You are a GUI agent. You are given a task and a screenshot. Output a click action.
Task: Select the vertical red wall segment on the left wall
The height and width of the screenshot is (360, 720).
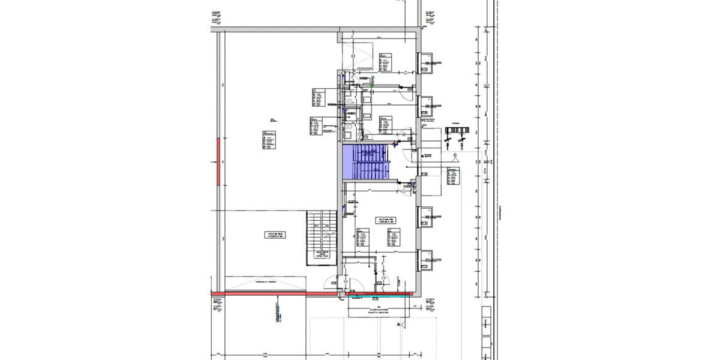[218, 161]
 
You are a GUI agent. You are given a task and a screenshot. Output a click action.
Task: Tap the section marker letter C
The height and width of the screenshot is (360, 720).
[455, 156]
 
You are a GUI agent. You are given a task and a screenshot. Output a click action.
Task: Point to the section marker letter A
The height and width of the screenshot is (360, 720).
[398, 324]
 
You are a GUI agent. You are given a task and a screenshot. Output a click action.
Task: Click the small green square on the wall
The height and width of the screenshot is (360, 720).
[372, 86]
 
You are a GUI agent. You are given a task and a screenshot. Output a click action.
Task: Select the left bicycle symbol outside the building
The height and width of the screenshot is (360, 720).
[448, 140]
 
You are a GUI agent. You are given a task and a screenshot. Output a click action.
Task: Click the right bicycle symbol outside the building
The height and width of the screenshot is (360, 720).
[461, 140]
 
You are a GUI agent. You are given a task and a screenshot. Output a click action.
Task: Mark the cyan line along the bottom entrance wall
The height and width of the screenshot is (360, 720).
[378, 294]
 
